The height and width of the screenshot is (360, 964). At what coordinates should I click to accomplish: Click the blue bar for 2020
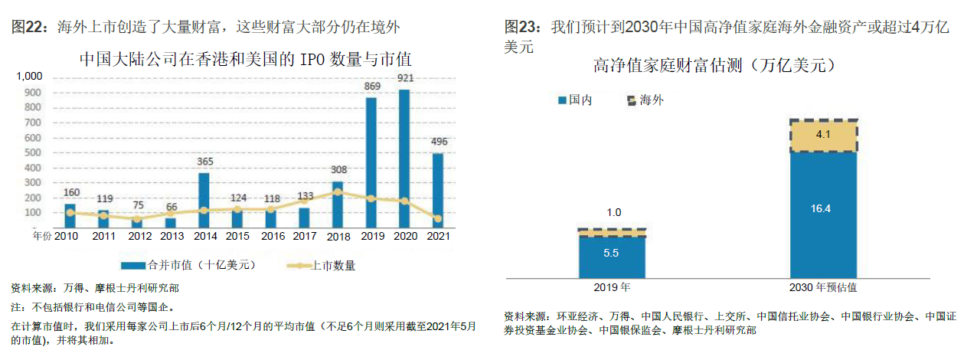pyautogui.click(x=404, y=161)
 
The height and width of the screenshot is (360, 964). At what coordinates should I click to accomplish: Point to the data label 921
pyautogui.click(x=405, y=79)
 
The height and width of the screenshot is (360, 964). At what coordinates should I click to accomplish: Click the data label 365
pyautogui.click(x=204, y=162)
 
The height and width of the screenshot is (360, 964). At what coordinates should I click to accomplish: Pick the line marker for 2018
pyautogui.click(x=338, y=191)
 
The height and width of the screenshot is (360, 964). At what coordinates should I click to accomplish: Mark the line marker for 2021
pyautogui.click(x=437, y=219)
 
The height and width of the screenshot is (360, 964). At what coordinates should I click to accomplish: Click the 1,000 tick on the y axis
pyautogui.click(x=30, y=77)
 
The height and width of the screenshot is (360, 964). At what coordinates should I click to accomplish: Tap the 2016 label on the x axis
pyautogui.click(x=271, y=237)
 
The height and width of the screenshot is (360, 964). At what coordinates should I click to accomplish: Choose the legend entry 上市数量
pyautogui.click(x=322, y=266)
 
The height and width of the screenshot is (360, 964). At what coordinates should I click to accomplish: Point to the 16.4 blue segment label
pyautogui.click(x=823, y=208)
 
